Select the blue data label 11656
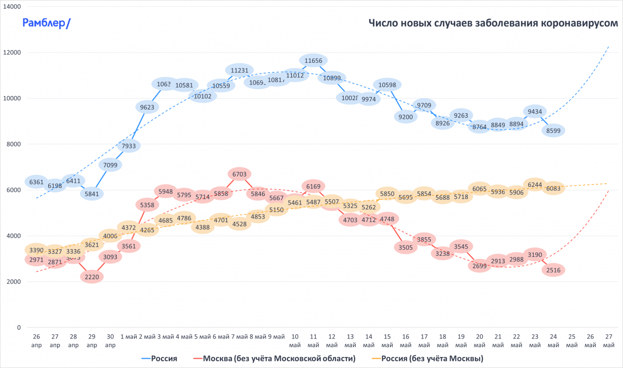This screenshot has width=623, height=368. pos(313,61)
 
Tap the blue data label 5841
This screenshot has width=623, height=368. pos(92,194)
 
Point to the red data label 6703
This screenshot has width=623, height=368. pos(239,174)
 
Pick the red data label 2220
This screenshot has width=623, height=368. pos(92,277)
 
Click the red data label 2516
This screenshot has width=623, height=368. pos(553,270)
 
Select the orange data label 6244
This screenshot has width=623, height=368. pos(535,184)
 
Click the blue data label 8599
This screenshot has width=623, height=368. pos(553,131)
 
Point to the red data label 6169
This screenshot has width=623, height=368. pos(313,185)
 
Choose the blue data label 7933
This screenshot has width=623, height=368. pos(128,146)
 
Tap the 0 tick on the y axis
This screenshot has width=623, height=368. pos(19,328)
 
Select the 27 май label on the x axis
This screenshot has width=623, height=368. pos(608,341)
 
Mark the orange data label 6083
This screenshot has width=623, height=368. pos(553,189)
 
